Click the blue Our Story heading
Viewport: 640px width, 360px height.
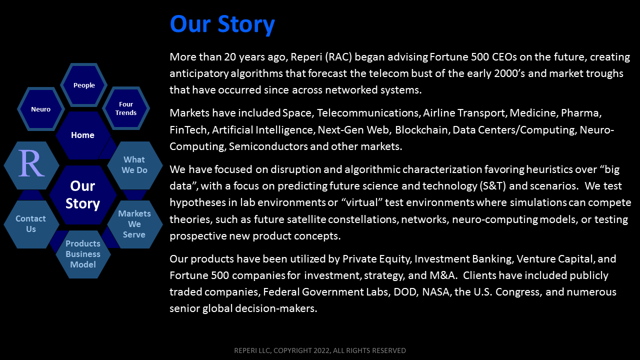tap(222, 24)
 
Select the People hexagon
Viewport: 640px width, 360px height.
tap(83, 85)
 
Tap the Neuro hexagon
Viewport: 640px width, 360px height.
tap(41, 109)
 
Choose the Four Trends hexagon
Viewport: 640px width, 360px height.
tap(126, 108)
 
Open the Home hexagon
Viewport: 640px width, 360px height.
tap(83, 135)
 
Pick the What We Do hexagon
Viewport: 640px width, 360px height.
tap(135, 165)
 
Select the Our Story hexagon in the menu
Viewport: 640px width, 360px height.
tap(83, 195)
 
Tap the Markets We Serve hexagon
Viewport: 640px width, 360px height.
tap(135, 224)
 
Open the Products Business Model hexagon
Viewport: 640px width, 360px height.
tap(83, 254)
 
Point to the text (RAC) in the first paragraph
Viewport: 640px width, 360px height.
tap(338, 57)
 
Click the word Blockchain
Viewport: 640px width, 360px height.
tap(422, 130)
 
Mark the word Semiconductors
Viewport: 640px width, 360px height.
tap(268, 146)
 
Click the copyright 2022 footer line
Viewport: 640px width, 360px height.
tap(320, 350)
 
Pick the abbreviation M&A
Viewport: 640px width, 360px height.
tap(442, 275)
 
